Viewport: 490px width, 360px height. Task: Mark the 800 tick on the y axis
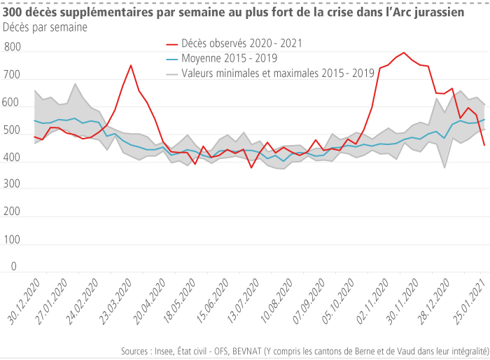pos(12,48)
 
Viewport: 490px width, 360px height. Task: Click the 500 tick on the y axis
pos(12,130)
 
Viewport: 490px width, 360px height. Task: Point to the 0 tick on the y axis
pos(13,267)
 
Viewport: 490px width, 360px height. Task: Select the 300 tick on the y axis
pos(12,184)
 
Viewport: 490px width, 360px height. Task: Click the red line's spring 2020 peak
pos(131,65)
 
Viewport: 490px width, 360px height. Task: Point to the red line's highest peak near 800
pos(404,53)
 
